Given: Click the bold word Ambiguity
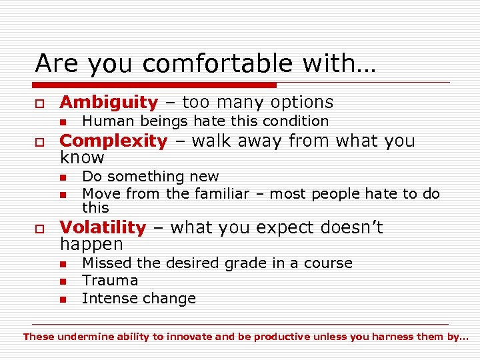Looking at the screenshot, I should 109,102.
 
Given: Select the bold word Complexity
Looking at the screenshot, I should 113,141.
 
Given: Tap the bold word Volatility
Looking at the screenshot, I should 103,227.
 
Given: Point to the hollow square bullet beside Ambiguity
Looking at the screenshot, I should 40,103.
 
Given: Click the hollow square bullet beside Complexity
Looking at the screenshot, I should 40,142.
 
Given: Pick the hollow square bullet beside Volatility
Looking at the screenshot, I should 40,229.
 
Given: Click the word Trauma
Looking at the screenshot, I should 110,281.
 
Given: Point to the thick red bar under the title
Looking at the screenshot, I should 155,85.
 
